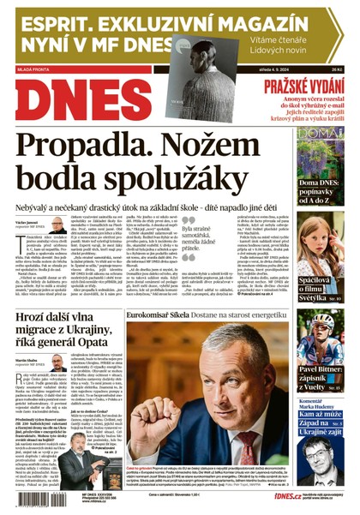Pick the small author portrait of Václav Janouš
click(58, 225)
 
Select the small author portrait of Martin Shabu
click(57, 362)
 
